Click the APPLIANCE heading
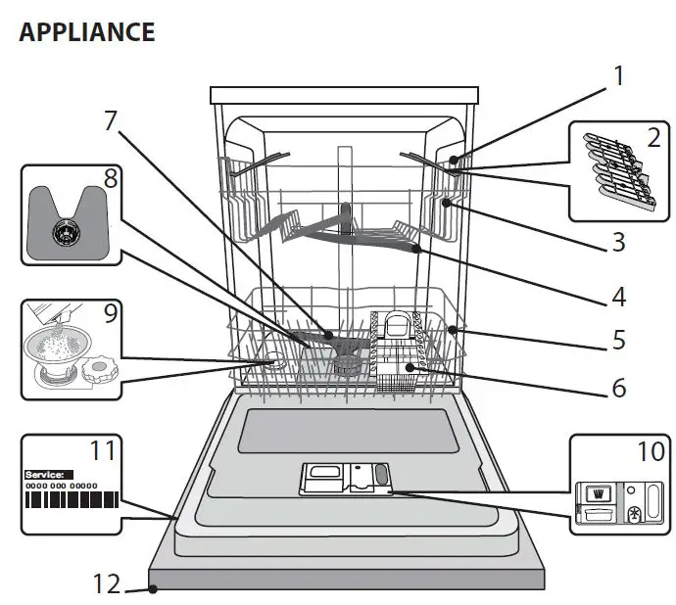tap(86, 31)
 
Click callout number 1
tap(617, 76)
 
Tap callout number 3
tap(617, 241)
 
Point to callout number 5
tap(617, 340)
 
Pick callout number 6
tap(617, 388)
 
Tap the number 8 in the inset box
tap(109, 179)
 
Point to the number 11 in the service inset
tap(102, 451)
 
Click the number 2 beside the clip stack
tap(653, 138)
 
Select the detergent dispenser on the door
tap(346, 479)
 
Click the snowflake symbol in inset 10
tap(634, 513)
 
